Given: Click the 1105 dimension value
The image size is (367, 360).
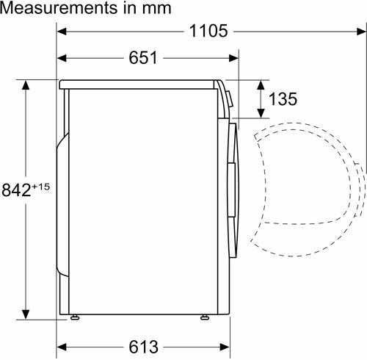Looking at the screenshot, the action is pos(208,31).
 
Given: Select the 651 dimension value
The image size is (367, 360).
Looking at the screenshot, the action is pos(143,58).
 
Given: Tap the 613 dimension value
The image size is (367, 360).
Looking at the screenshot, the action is pos(143,347).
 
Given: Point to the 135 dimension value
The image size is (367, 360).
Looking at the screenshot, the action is pos(283,99).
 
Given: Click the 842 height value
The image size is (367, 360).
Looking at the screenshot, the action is pos(17,190).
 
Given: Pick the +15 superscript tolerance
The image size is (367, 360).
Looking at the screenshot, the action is pos(40,187).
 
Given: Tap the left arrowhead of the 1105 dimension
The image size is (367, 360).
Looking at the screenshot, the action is pos(62,32).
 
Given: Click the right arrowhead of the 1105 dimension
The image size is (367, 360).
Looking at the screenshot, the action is pos(361,32).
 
